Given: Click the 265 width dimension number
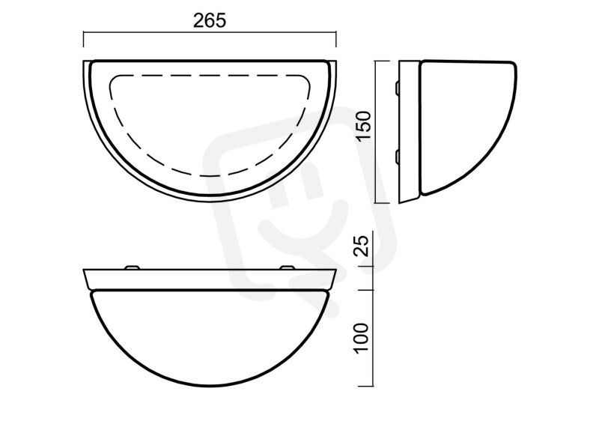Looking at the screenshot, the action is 210,21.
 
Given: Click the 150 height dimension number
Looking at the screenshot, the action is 364,126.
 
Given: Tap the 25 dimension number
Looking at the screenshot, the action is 362,245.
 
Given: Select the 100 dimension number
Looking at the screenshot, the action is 362,339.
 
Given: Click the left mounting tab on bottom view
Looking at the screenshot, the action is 132,267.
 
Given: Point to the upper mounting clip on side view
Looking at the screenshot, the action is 398,88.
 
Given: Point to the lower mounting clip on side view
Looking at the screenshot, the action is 398,157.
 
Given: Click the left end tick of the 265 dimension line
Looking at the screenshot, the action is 84,40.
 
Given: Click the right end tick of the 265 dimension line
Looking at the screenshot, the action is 335,40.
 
